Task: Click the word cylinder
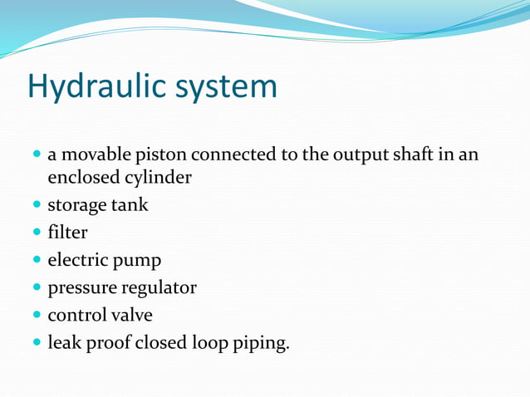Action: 158,177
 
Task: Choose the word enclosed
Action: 83,177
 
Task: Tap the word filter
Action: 67,233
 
